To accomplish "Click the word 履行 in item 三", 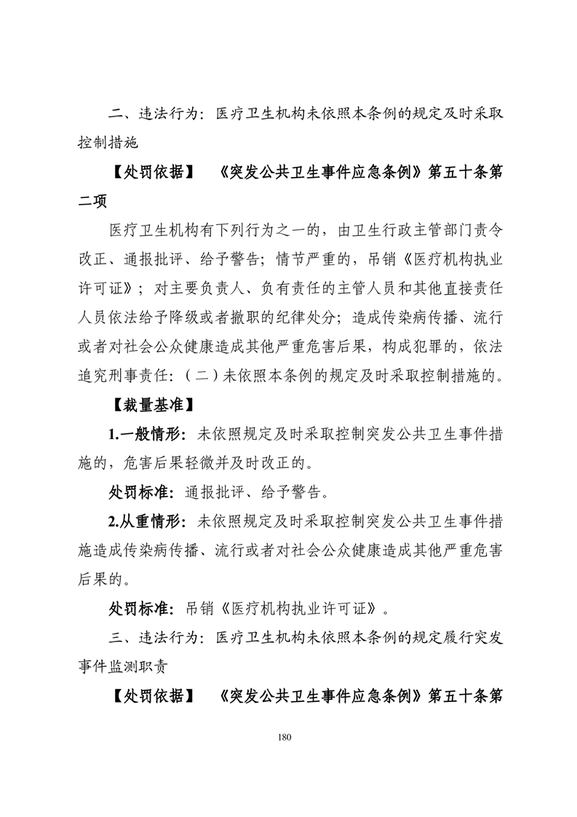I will pyautogui.click(x=437, y=638).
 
